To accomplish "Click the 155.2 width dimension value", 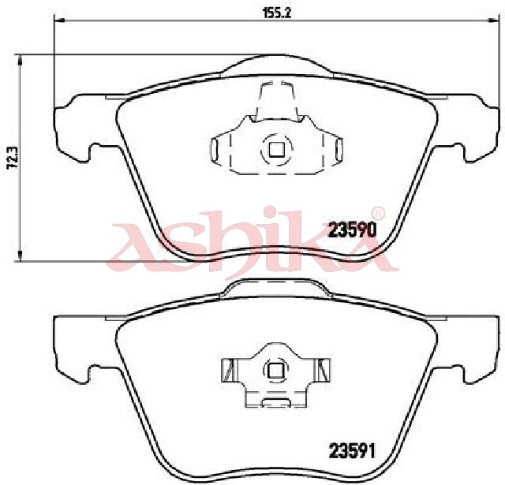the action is pyautogui.click(x=277, y=13).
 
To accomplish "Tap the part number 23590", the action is pyautogui.click(x=352, y=230).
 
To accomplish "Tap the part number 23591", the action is pyautogui.click(x=352, y=450).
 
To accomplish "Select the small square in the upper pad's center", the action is pyautogui.click(x=276, y=150).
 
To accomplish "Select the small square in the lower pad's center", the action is pyautogui.click(x=276, y=370).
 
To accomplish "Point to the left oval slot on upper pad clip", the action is pyautogui.click(x=215, y=150).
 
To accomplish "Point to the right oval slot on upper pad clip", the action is pyautogui.click(x=339, y=150).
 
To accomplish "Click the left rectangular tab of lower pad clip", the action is pyautogui.click(x=229, y=370).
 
